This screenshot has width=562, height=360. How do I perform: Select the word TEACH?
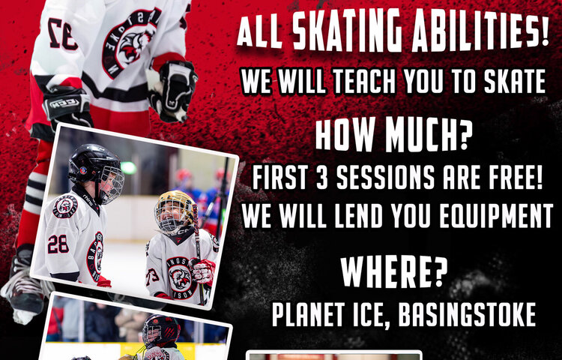point(364,81)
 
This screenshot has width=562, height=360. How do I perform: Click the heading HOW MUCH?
point(393,136)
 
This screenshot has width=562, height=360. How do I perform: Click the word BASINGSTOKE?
point(467,314)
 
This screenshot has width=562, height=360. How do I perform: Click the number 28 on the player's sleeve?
point(58,244)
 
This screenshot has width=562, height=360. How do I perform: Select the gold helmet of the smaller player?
point(174,210)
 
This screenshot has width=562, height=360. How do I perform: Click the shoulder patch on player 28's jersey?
point(65,206)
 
